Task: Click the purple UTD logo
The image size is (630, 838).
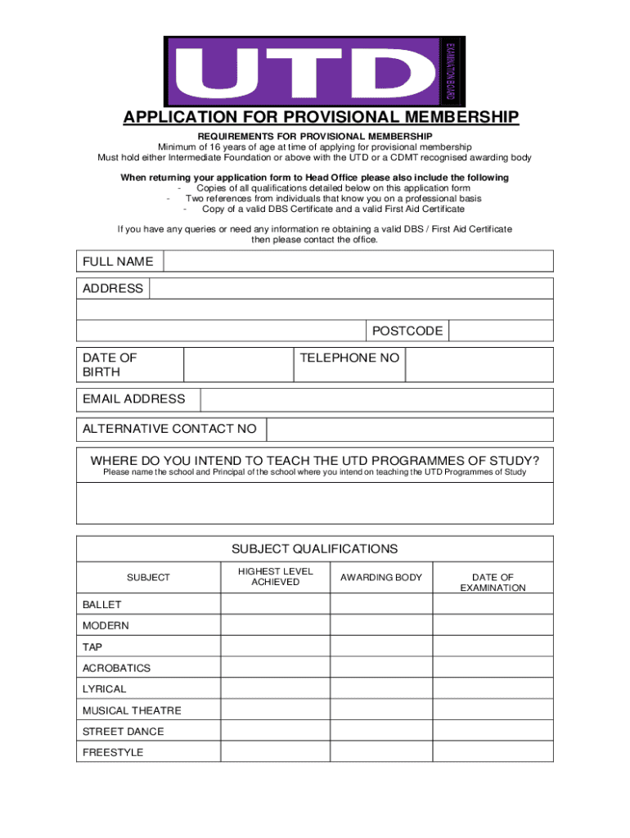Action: [x=315, y=70]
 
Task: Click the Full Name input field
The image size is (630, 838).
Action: [x=358, y=261]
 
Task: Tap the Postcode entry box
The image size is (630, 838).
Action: [x=501, y=331]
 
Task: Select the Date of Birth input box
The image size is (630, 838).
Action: [x=238, y=364]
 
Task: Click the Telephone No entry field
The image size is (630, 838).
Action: [x=479, y=364]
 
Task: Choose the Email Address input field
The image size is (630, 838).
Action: [x=376, y=399]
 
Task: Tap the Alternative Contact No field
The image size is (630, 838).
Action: [x=409, y=429]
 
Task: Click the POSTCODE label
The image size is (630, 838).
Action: [x=407, y=331]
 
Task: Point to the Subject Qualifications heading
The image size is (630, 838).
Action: [x=315, y=548]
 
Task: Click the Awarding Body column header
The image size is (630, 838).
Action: [x=381, y=578]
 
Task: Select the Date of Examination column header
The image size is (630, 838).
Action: [x=493, y=583]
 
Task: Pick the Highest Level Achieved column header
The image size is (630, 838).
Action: [x=275, y=577]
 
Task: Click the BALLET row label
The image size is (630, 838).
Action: [x=102, y=605]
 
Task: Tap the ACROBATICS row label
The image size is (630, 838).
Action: [x=117, y=668]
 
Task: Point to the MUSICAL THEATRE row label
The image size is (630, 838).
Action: [x=132, y=710]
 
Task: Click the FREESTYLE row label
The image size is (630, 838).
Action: [x=113, y=752]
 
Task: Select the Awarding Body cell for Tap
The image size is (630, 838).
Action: [x=381, y=647]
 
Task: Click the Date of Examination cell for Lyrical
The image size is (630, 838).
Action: [x=493, y=689]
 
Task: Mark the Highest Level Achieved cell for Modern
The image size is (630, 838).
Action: [x=275, y=625]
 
